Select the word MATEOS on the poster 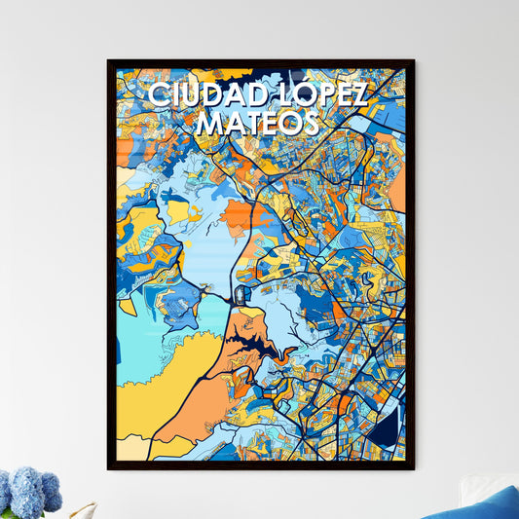257,124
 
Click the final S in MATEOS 310,124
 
